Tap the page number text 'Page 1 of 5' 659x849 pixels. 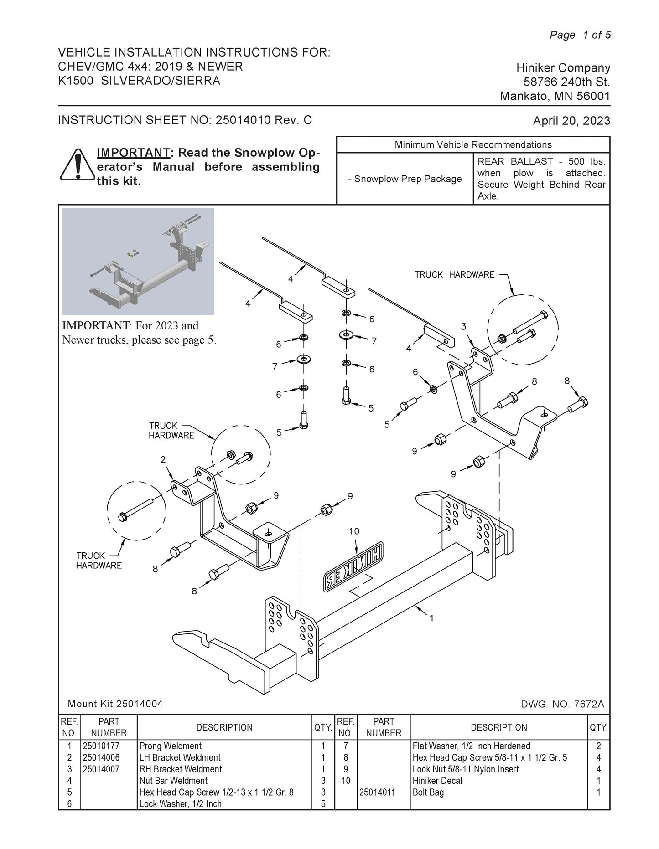580,35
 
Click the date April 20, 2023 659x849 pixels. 571,121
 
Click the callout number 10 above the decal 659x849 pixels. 354,531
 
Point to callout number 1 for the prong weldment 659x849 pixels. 431,618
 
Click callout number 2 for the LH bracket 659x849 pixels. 163,460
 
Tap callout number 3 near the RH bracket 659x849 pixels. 463,326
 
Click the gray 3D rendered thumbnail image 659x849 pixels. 138,261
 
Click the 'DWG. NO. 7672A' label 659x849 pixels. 562,704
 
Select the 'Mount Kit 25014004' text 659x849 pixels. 115,704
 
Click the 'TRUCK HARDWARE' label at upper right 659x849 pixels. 454,274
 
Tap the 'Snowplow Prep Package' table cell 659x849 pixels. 405,179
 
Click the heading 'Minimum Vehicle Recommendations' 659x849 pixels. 473,145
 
